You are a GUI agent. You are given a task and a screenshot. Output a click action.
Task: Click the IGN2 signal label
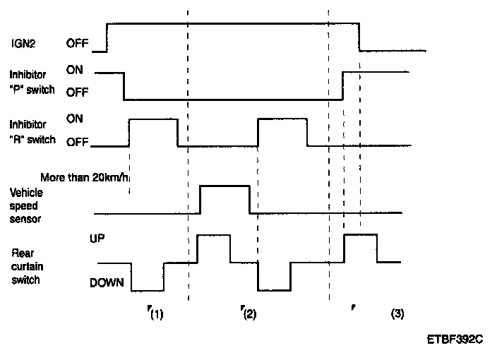tap(23, 44)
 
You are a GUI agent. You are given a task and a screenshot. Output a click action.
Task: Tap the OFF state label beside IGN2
tap(78, 44)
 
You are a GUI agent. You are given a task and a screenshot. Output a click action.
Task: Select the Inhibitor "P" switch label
tap(32, 82)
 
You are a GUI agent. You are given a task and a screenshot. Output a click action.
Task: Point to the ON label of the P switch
tap(75, 71)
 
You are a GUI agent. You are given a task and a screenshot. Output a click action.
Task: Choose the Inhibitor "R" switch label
tap(32, 131)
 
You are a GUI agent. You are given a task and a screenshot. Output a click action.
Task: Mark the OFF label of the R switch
tap(78, 142)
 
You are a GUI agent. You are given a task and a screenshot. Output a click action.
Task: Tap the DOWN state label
tap(107, 283)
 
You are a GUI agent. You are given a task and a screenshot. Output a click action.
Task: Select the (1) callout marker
tap(155, 315)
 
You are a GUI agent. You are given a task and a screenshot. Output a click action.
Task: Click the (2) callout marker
tap(248, 315)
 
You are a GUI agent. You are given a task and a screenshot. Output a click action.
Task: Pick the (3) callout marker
tap(397, 315)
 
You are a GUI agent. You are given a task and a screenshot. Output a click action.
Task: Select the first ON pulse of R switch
tap(153, 120)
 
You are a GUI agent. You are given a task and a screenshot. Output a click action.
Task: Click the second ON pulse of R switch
tap(282, 120)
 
